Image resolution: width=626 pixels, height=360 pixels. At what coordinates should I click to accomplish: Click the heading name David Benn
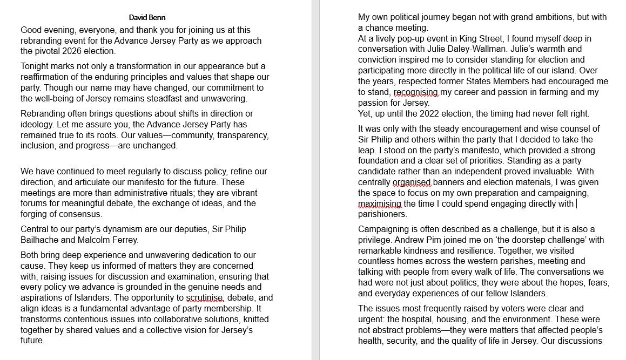tap(147, 17)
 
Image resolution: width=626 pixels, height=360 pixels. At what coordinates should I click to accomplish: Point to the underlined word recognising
tap(416, 92)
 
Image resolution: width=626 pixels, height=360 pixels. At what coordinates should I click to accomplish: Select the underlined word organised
tap(412, 182)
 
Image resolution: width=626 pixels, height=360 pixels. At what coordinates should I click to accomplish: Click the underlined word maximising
tap(380, 204)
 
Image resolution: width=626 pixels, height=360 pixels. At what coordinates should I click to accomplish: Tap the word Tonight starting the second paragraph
tap(37, 66)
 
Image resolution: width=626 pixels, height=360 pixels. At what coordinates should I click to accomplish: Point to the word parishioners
tap(382, 214)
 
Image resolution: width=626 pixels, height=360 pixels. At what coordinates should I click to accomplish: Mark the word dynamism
tap(121, 229)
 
